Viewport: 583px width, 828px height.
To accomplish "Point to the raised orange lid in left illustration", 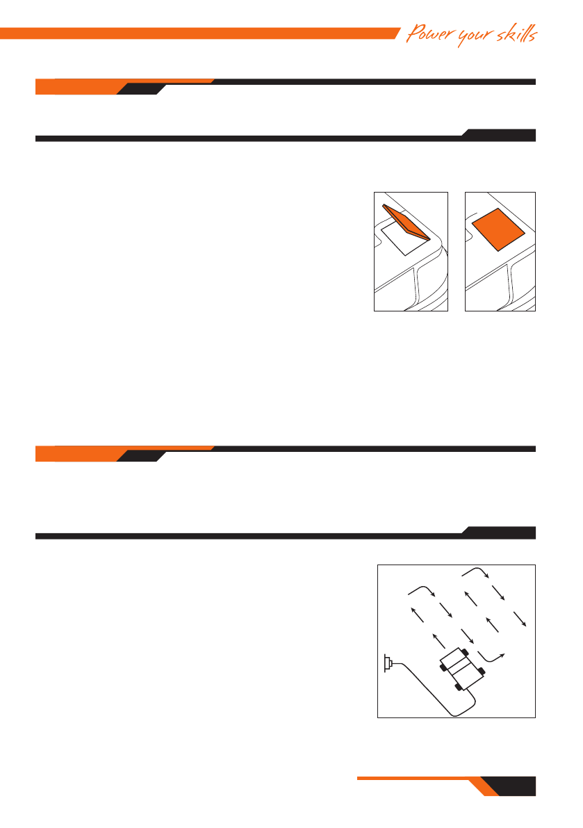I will point(406,221).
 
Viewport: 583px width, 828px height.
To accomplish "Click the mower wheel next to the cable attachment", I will point(458,687).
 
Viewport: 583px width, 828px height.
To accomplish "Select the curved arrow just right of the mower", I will point(493,656).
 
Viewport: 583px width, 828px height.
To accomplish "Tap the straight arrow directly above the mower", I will point(436,639).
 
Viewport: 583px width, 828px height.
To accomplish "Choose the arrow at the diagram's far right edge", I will point(519,619).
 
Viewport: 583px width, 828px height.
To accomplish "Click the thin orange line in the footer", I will point(410,779).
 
